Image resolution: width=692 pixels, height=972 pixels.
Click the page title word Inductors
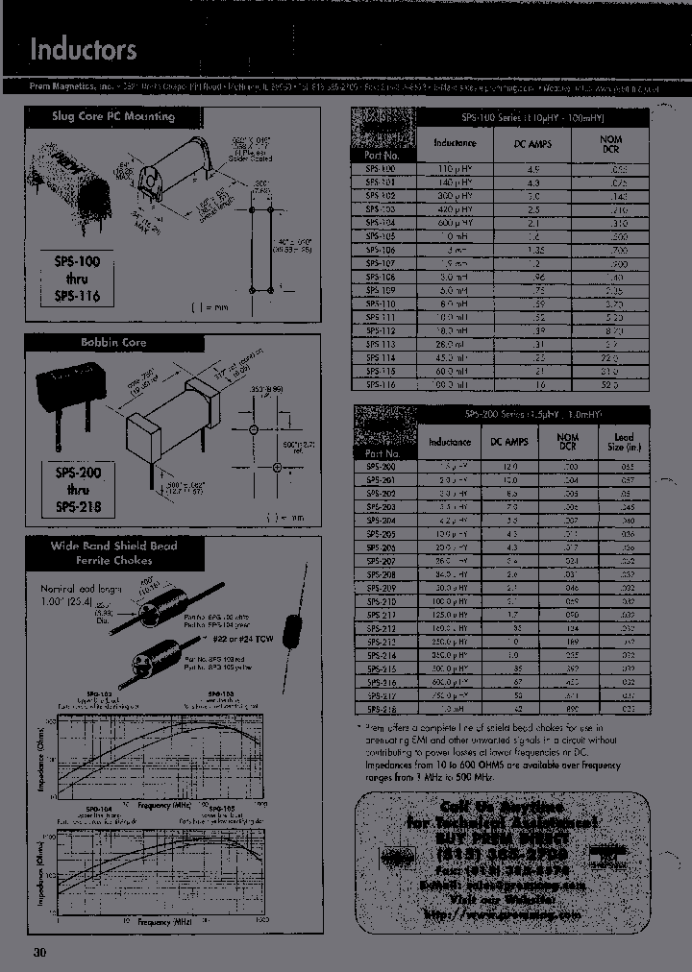coord(84,50)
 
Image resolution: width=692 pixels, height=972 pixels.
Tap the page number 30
coord(39,953)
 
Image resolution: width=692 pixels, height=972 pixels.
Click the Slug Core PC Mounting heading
coord(113,116)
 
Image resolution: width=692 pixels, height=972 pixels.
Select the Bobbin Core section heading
coord(113,342)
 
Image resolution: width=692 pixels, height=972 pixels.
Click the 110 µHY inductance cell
coord(454,168)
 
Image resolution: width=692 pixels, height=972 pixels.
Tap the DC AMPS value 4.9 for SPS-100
coord(534,168)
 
